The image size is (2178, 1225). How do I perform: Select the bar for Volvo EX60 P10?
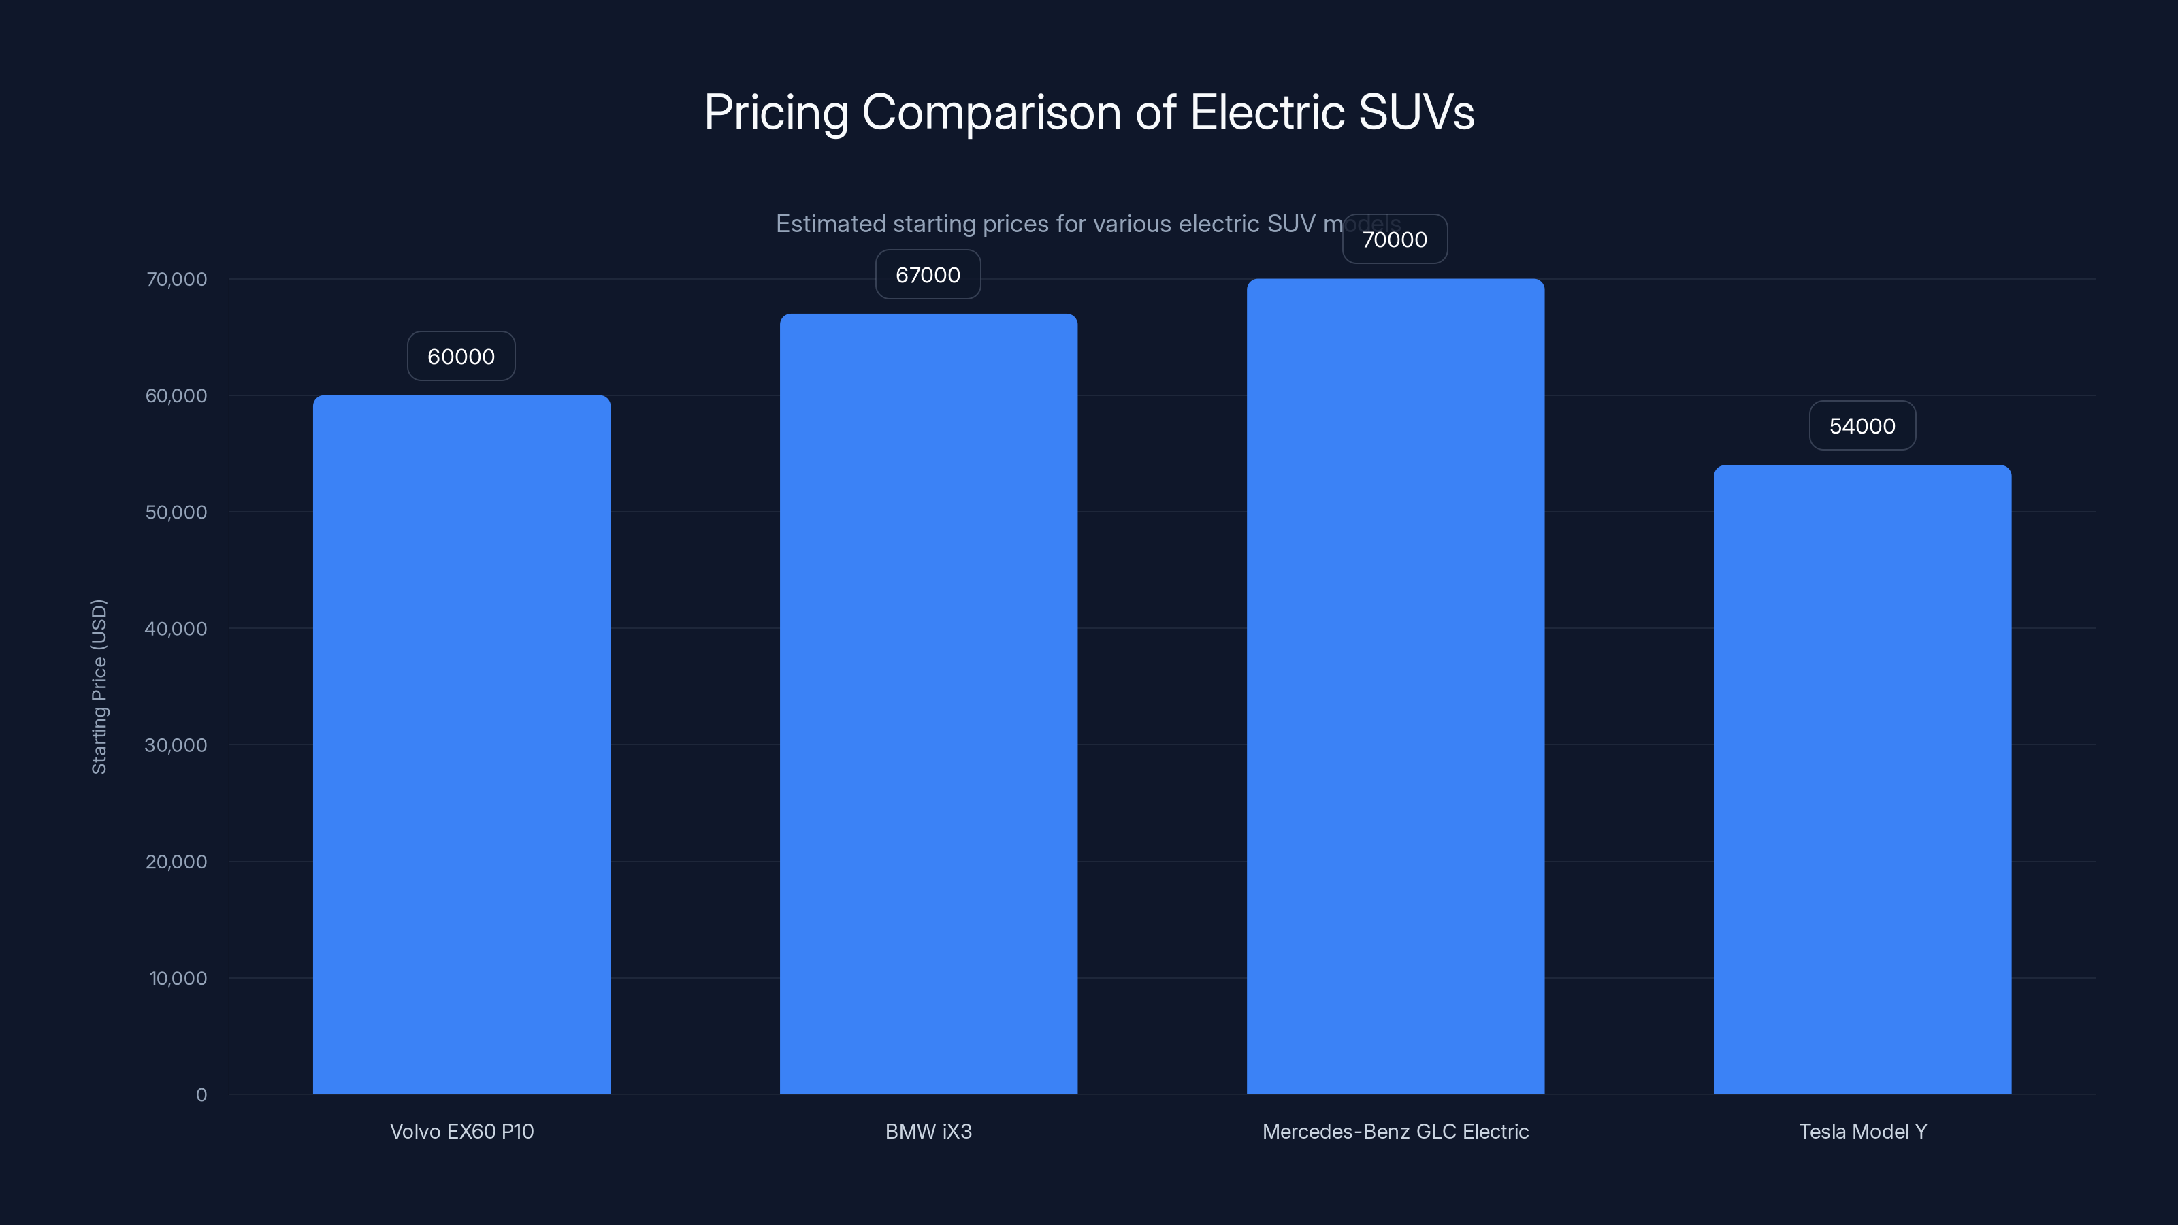461,744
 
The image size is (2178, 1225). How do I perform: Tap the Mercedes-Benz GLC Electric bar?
1395,685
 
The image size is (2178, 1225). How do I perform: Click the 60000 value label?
461,356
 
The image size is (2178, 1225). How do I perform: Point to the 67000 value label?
928,275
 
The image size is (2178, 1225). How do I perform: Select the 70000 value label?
1394,240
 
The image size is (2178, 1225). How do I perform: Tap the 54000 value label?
1862,426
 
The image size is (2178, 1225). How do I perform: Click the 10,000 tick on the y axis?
178,978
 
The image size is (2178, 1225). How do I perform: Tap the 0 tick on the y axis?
201,1095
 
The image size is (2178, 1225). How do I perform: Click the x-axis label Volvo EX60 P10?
461,1131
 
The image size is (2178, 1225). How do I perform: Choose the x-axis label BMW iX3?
928,1131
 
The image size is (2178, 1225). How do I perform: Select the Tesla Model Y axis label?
1863,1131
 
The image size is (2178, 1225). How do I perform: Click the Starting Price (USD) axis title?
99,687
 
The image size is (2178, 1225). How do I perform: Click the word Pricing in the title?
775,112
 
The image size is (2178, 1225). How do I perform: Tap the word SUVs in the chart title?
1416,112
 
